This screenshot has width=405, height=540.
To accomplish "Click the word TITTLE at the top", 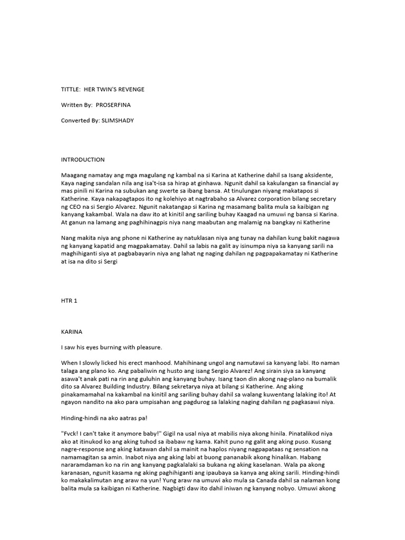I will click(71, 90).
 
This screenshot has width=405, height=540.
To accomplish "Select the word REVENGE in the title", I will click(130, 90).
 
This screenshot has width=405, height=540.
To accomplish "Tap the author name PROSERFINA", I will click(113, 105).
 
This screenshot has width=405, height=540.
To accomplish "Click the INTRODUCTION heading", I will click(83, 159).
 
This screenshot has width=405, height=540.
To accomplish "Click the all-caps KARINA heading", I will click(73, 333).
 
